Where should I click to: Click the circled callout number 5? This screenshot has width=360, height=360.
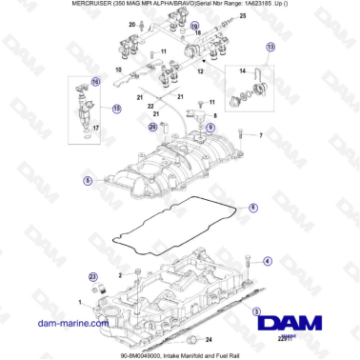click(x=88, y=179)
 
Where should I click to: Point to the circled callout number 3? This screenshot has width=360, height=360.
click(x=255, y=311)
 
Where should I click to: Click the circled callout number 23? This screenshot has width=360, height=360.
click(x=92, y=276)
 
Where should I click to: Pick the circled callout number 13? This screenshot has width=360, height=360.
click(x=270, y=47)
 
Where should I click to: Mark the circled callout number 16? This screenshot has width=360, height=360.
click(x=95, y=82)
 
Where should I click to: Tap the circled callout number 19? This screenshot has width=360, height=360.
click(x=195, y=30)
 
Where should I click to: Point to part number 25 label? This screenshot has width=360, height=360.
click(x=242, y=17)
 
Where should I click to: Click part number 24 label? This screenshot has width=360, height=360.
click(x=210, y=338)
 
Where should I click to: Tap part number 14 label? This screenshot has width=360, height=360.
click(x=242, y=71)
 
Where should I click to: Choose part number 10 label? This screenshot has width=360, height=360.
click(x=118, y=70)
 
